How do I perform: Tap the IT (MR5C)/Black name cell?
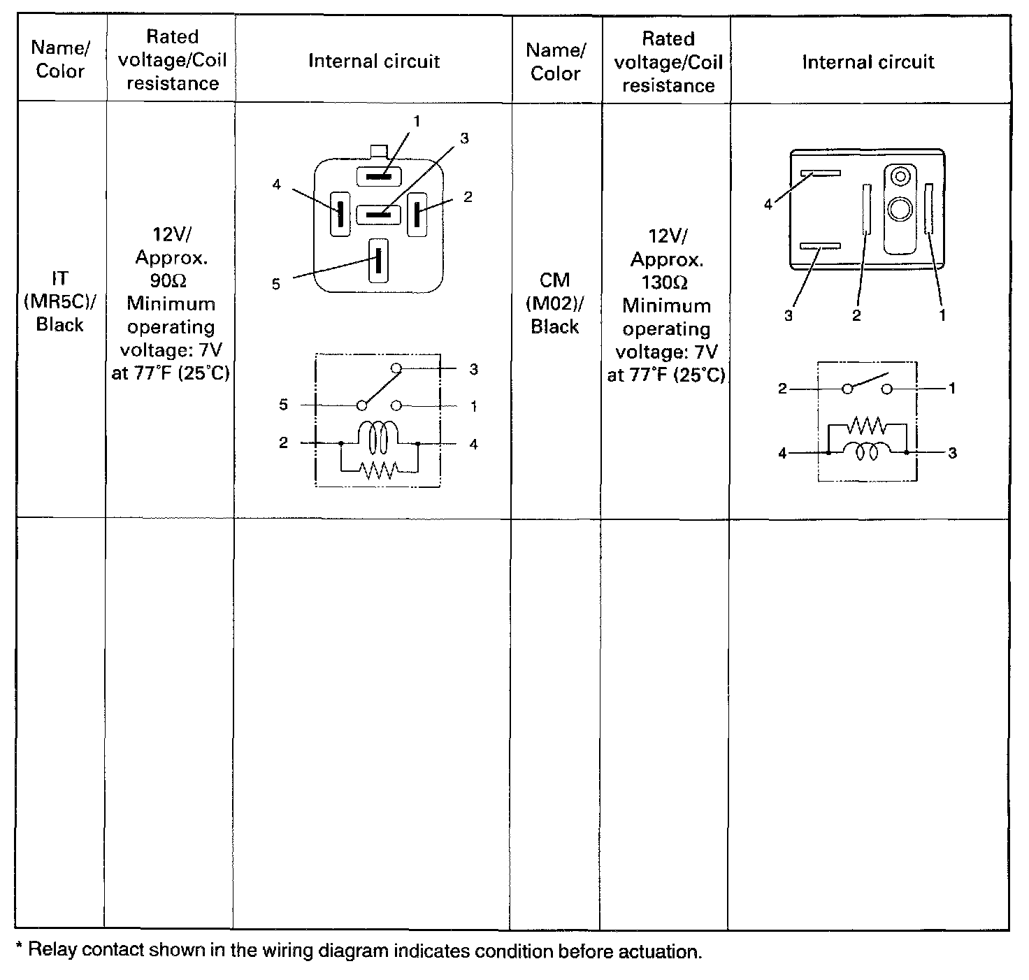[60, 301]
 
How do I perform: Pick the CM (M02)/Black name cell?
[555, 303]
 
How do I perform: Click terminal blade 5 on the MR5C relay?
[378, 260]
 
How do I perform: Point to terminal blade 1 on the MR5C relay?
[380, 176]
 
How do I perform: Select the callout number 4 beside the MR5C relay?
[277, 185]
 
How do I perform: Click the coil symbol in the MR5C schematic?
[378, 439]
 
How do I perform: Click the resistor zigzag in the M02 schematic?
[866, 426]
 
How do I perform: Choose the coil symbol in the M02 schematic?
[867, 452]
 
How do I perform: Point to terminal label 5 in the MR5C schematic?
[284, 405]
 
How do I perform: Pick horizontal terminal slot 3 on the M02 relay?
[820, 246]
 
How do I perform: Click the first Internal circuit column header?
[374, 62]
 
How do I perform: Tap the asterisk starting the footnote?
[20, 949]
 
